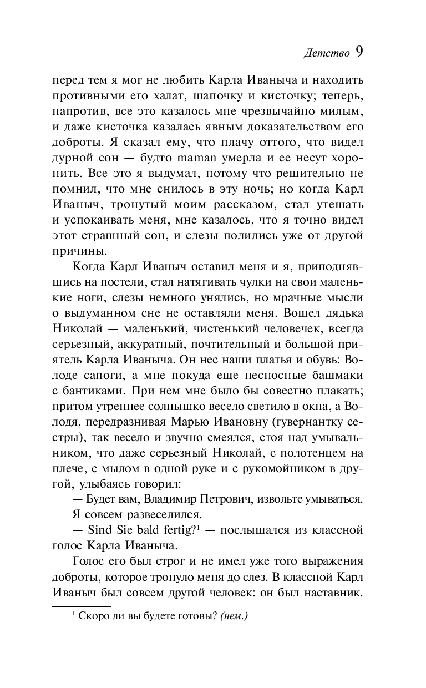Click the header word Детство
coord(327,54)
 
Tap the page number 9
coord(358,52)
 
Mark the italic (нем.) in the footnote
coord(234,616)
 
